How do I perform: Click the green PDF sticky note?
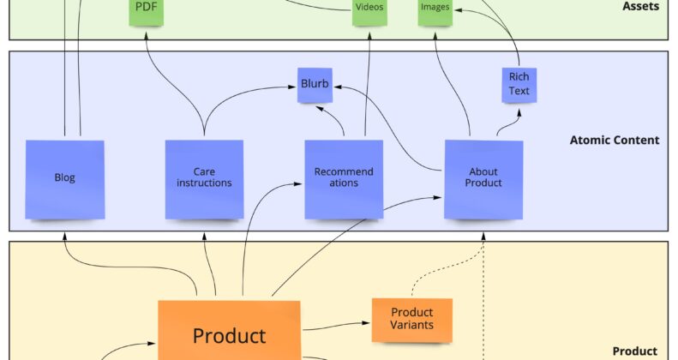point(146,11)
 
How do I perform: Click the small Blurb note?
point(315,84)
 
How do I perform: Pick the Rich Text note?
point(519,84)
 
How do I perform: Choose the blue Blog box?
point(65,178)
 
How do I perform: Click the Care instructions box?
point(204,178)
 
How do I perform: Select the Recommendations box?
point(344,177)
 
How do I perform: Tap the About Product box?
point(483,177)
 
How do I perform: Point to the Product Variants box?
point(411,319)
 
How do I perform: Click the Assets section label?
point(640,6)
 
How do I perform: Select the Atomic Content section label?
point(615,140)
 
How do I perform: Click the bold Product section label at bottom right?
point(635,351)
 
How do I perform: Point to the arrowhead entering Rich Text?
point(518,108)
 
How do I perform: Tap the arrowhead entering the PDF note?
point(147,31)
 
